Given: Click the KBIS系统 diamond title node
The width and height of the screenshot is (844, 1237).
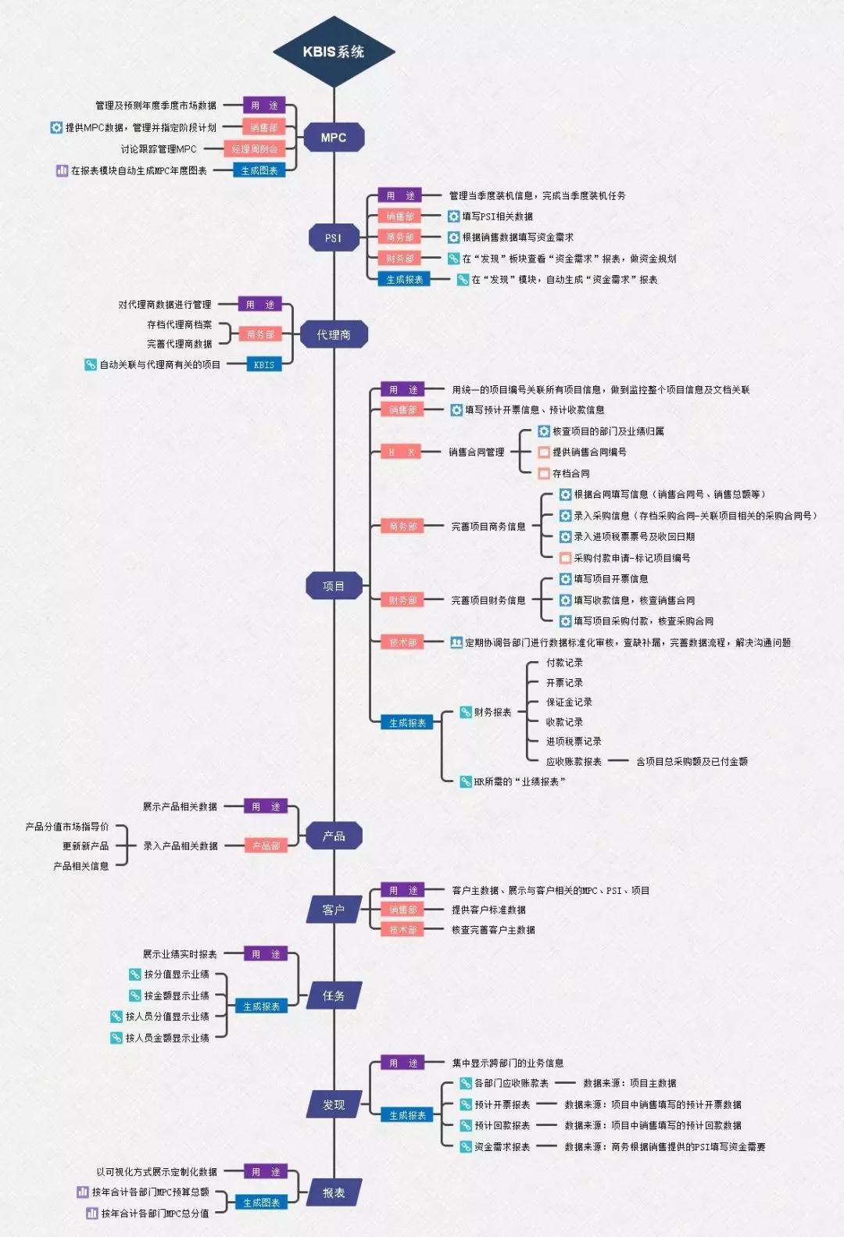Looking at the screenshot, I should [x=334, y=52].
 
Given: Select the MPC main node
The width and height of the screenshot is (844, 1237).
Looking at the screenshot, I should [x=334, y=138].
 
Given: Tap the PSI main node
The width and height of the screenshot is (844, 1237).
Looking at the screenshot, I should [x=334, y=238].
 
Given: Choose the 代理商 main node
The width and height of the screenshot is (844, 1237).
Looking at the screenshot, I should [x=334, y=334].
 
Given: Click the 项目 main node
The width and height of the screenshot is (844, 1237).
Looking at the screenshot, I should [x=334, y=586].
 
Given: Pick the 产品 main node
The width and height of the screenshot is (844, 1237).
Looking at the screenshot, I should [x=334, y=836].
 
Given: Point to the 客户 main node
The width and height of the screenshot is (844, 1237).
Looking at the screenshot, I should [x=334, y=910].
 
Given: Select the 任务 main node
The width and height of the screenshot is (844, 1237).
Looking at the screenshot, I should [x=334, y=996].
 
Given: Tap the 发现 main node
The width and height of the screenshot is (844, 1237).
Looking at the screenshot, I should [x=334, y=1105].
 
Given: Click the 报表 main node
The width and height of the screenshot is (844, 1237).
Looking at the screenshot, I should [x=334, y=1192].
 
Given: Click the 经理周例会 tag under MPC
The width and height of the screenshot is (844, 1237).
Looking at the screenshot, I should [x=255, y=148].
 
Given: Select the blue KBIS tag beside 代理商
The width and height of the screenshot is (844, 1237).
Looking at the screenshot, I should [x=264, y=364].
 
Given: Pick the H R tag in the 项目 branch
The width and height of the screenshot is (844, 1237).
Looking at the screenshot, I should [x=402, y=452].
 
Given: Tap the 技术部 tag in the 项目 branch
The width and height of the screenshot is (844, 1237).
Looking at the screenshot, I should [x=402, y=642].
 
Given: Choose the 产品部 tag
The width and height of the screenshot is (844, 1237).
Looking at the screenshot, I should [x=266, y=846].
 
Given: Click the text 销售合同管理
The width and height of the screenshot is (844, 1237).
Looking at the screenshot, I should [x=477, y=452].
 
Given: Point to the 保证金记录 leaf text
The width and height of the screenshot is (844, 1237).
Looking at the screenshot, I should [x=569, y=702].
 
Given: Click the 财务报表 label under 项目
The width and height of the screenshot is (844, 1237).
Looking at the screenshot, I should [x=492, y=712].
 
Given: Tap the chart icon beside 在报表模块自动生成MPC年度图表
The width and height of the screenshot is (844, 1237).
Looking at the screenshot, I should [x=62, y=170].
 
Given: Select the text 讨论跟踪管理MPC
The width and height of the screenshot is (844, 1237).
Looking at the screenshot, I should [x=159, y=148].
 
